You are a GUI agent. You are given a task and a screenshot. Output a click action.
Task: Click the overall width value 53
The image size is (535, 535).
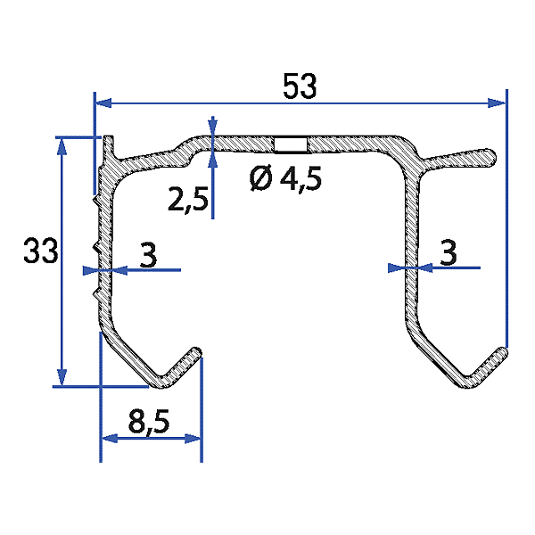(300, 87)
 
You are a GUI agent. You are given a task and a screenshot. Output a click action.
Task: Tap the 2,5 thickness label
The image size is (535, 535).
(187, 201)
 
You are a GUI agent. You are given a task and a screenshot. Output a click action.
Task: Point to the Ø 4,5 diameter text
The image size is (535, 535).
(285, 179)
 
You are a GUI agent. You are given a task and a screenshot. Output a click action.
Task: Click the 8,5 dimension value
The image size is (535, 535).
(150, 423)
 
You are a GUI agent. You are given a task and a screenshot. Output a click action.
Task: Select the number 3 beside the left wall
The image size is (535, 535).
(148, 255)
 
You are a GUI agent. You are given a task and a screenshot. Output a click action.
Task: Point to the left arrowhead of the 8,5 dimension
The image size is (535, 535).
(106, 438)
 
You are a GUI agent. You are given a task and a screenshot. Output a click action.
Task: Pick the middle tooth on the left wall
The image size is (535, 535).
(95, 244)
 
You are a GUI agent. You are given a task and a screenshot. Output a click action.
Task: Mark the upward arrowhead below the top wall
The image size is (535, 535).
(212, 159)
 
